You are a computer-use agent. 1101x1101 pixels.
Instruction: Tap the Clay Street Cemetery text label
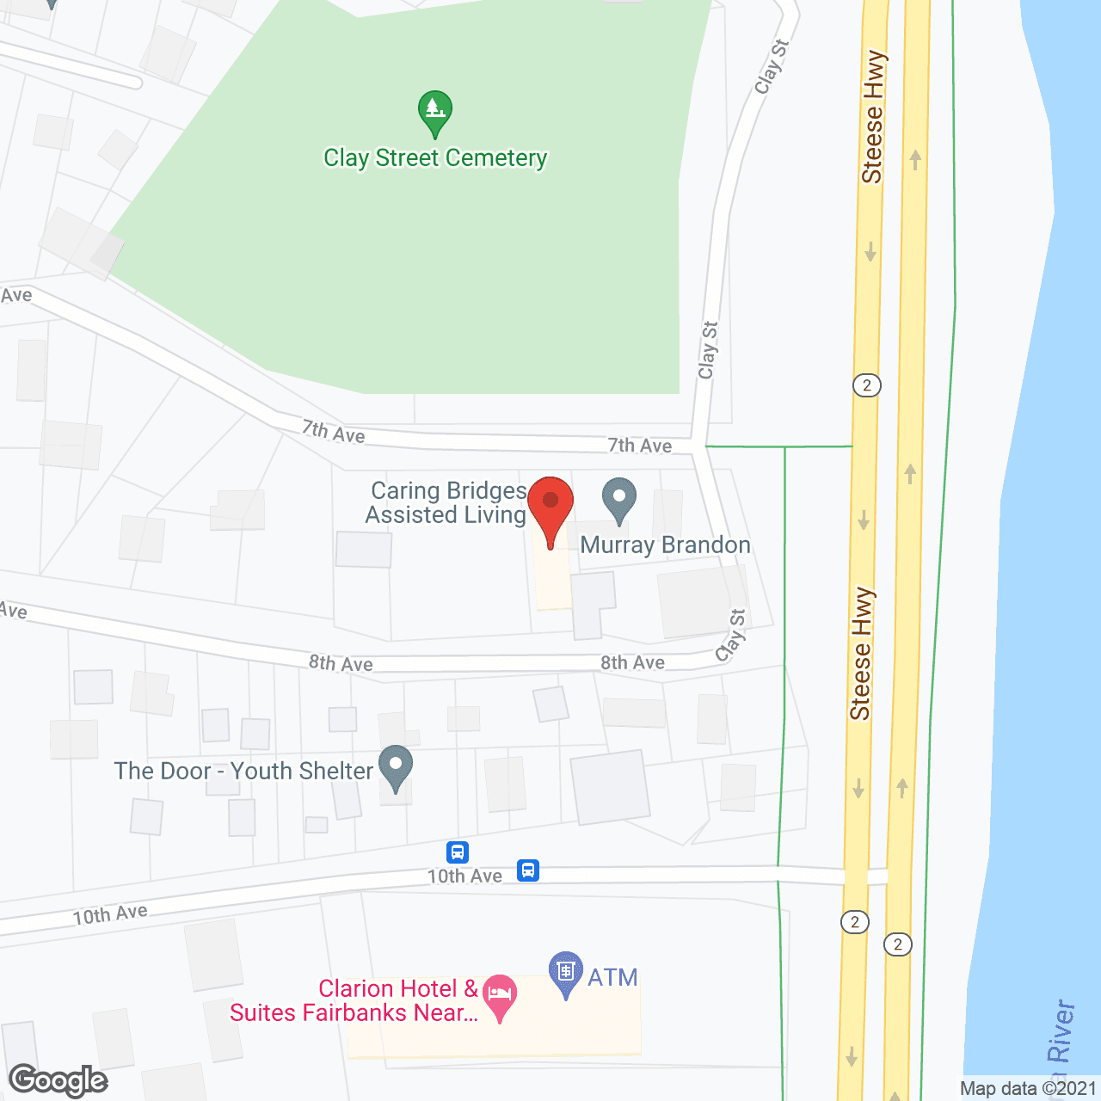point(435,158)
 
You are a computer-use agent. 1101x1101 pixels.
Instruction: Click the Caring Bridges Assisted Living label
point(446,503)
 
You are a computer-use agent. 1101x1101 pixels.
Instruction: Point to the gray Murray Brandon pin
point(619,500)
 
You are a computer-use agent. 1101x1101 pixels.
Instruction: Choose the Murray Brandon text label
point(666,545)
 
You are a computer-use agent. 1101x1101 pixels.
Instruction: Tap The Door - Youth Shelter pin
point(396,766)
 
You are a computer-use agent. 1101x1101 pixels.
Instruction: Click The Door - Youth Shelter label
point(243,772)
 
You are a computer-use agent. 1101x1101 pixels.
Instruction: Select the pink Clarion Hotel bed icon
point(500,995)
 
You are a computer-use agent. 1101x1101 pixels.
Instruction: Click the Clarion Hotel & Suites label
point(354,1001)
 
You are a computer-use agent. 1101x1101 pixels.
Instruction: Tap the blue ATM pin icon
point(565,972)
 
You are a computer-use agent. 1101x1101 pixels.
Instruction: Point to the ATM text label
point(612,978)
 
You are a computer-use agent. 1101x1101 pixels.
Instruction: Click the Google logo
point(58,1080)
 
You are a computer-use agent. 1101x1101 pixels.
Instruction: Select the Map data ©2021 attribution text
point(1029,1089)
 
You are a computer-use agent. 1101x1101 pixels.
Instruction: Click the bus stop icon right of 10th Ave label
point(528,870)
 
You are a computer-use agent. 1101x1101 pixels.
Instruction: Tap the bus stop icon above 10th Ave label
point(458,852)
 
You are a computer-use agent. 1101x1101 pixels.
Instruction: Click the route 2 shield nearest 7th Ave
point(867,385)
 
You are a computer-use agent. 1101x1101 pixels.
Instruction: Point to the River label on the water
point(1061,1032)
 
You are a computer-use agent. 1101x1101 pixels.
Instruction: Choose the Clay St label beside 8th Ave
point(731,637)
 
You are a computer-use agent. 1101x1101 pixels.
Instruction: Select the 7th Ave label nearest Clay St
point(640,446)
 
